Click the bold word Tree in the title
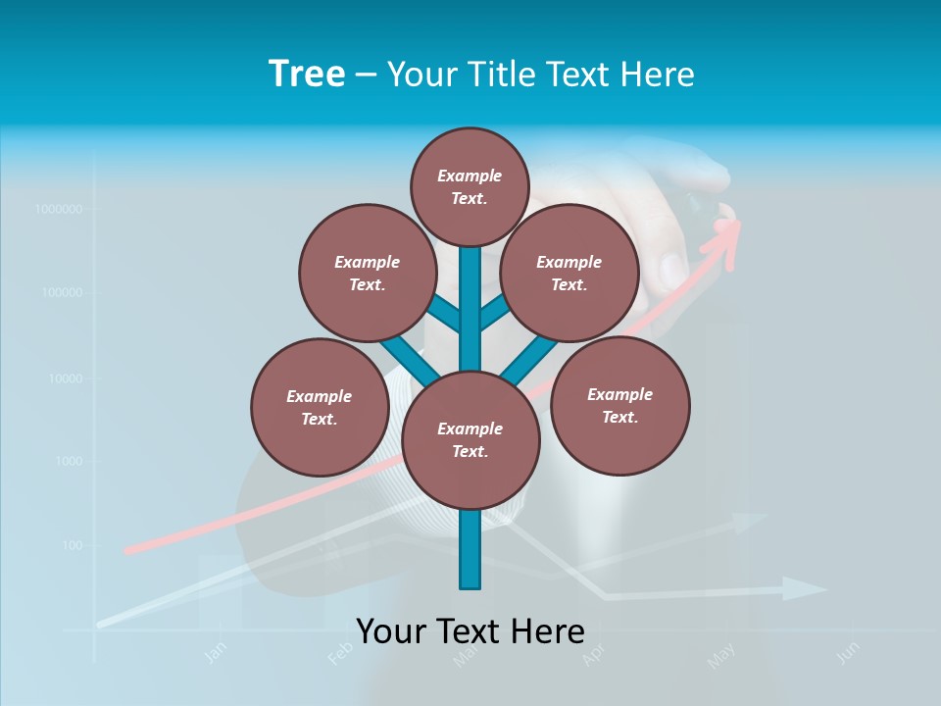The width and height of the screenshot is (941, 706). tap(307, 74)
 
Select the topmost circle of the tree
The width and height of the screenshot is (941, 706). tap(470, 186)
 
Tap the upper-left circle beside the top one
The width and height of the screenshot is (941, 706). tap(367, 273)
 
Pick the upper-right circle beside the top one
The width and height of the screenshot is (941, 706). tap(569, 273)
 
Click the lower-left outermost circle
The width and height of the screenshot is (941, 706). tap(320, 407)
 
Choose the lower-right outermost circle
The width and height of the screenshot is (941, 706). tap(619, 405)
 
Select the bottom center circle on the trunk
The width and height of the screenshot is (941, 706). tap(470, 440)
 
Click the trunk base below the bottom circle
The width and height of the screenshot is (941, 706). tap(470, 554)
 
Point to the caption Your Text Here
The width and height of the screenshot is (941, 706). tap(470, 631)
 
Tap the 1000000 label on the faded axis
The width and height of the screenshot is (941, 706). tap(58, 209)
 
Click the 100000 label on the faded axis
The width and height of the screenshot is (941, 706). tap(61, 293)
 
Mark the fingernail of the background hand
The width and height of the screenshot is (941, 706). tap(672, 267)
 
